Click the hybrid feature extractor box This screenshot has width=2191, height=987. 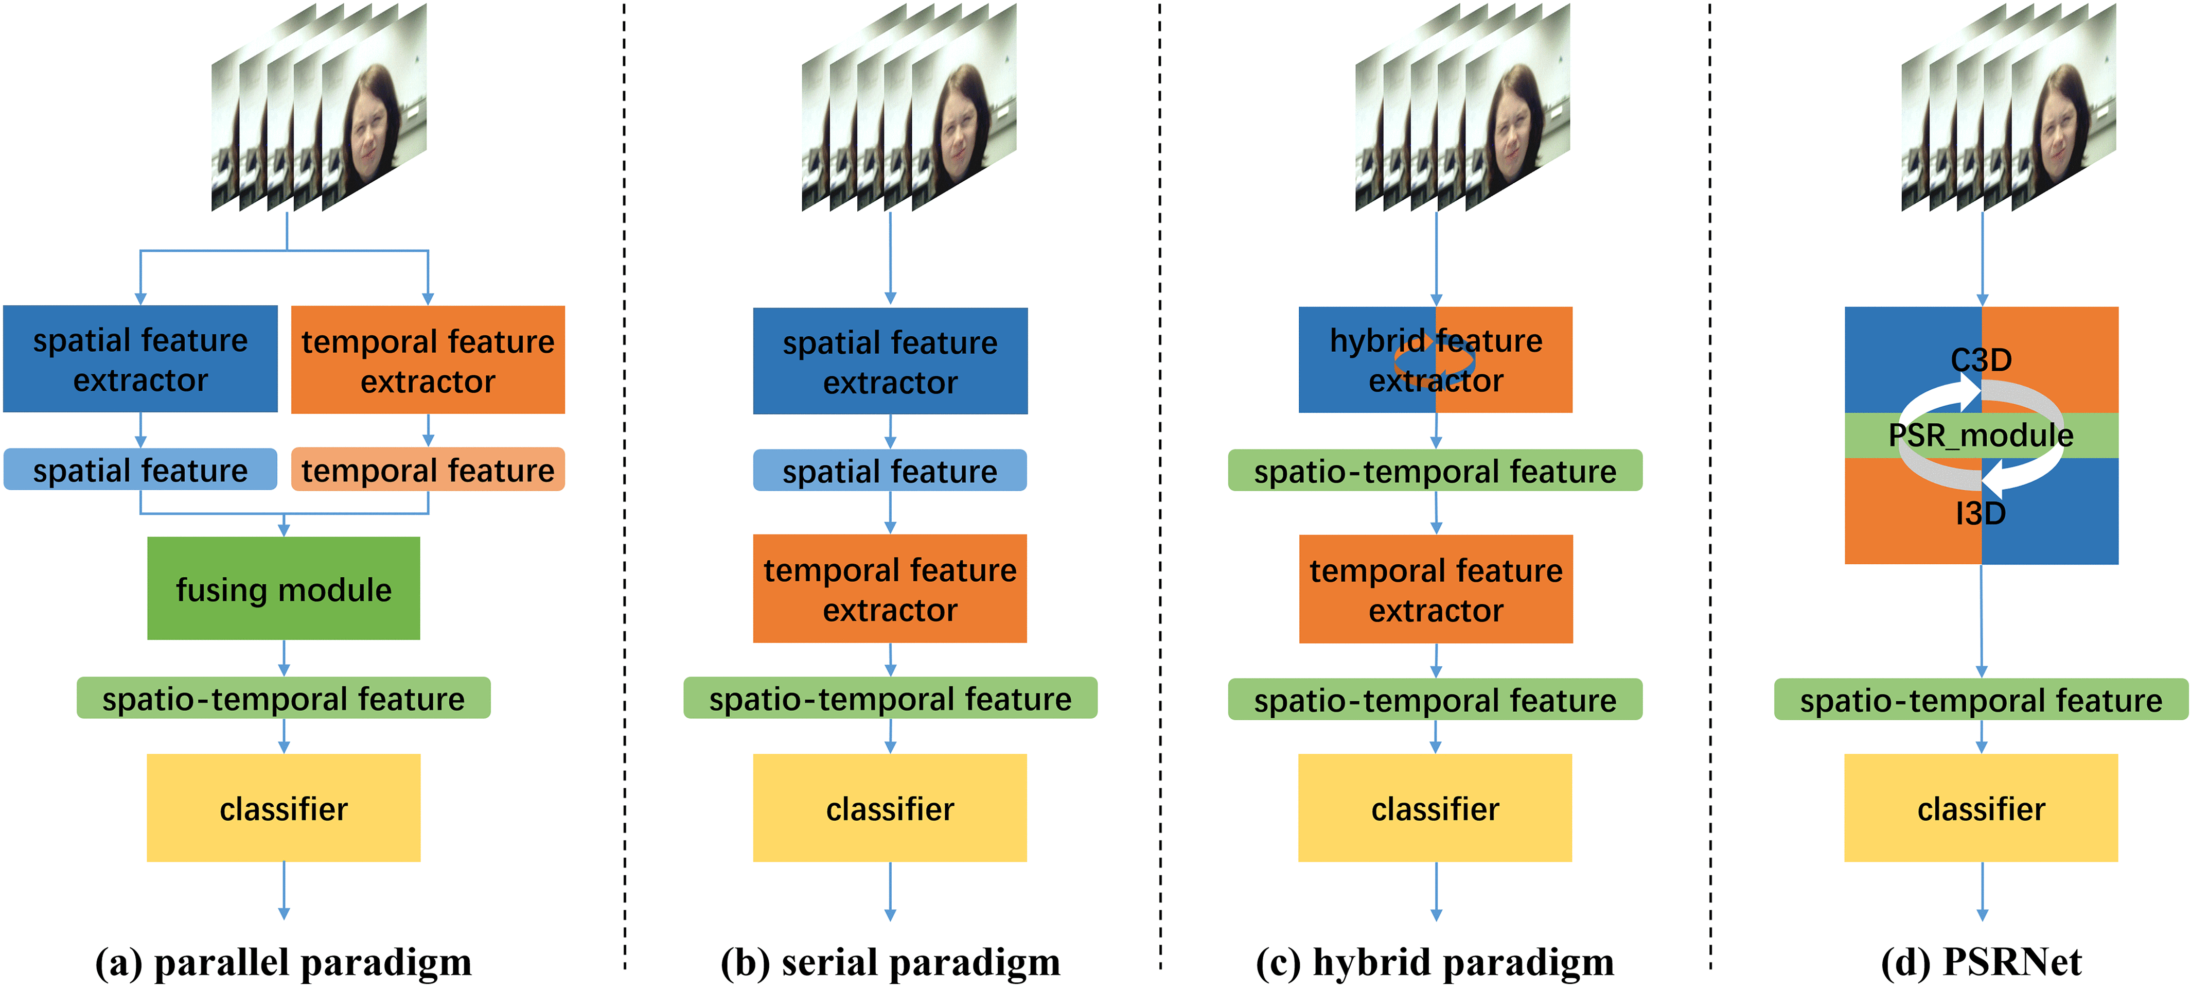click(1436, 360)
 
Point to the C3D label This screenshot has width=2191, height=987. click(1981, 360)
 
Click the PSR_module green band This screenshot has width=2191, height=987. click(1981, 435)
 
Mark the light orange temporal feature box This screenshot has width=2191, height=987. click(428, 469)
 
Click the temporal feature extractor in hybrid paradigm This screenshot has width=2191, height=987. click(1436, 589)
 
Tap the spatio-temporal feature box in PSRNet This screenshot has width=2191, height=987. click(1981, 699)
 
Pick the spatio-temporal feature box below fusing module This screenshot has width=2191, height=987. click(283, 698)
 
